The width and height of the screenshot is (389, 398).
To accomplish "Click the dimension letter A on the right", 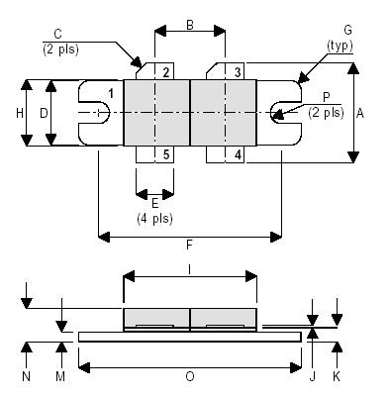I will tap(359, 113).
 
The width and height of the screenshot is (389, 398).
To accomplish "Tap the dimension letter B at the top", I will tap(189, 26).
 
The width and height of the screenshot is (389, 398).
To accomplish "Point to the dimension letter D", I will tap(44, 113).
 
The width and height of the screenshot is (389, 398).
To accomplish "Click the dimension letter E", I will tap(154, 202).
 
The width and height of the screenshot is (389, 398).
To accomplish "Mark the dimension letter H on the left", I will tap(20, 113).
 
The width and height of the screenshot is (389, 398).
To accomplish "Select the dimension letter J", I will tap(313, 377).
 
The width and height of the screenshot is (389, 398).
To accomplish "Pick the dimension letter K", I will tap(339, 377).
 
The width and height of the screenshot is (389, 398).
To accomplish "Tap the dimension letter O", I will tap(189, 377).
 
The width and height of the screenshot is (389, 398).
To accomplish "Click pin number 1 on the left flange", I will tap(111, 93).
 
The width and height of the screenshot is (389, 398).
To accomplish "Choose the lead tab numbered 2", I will tap(166, 72).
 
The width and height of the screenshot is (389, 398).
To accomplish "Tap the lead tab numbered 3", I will tap(238, 72).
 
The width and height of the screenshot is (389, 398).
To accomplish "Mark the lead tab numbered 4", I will tap(238, 153).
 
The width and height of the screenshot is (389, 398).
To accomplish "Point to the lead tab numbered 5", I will tap(166, 153).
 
